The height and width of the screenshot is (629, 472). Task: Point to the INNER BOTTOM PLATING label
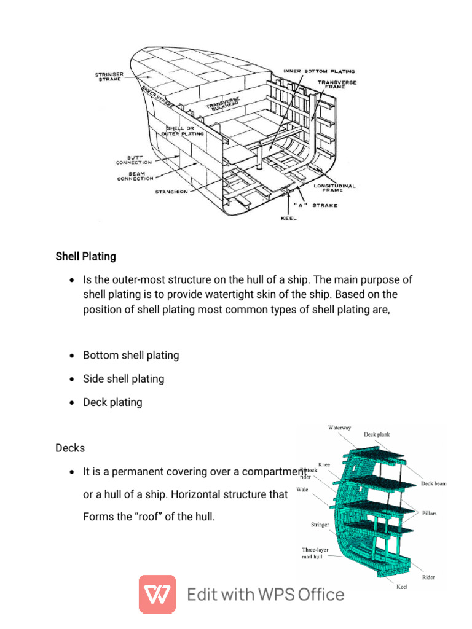click(319, 71)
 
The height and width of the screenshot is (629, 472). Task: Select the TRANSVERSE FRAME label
click(337, 85)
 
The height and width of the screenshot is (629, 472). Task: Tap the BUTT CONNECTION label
click(134, 159)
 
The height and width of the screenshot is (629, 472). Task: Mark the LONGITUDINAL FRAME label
click(335, 187)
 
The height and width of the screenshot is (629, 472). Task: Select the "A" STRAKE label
click(315, 205)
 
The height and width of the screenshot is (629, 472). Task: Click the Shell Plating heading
click(85, 256)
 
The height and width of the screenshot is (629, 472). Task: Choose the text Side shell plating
click(124, 379)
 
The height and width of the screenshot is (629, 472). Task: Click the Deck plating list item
click(112, 402)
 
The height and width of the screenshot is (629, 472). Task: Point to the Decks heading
click(70, 448)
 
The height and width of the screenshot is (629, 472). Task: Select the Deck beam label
click(434, 483)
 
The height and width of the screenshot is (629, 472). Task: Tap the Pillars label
click(429, 513)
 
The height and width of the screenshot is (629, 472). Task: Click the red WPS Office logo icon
click(157, 594)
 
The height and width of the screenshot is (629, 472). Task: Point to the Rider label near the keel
click(428, 577)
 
